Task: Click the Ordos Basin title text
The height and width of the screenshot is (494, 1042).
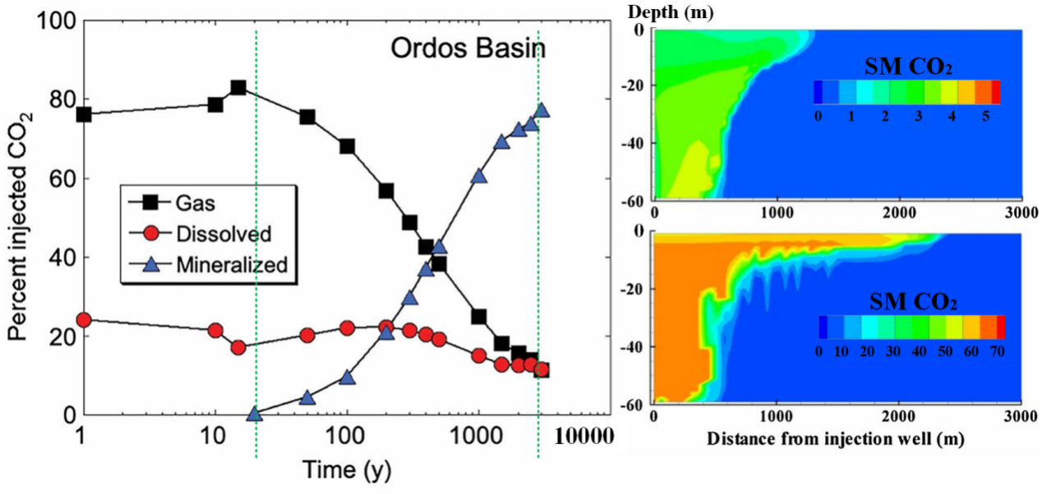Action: click(x=467, y=47)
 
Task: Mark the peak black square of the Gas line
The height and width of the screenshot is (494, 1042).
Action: click(x=238, y=88)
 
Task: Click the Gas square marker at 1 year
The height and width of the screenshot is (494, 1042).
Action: click(x=83, y=114)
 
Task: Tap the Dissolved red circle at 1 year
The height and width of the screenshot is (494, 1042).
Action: click(x=83, y=320)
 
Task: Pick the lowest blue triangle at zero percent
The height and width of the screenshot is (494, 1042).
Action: click(x=255, y=414)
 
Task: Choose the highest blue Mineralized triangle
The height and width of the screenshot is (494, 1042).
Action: click(x=542, y=111)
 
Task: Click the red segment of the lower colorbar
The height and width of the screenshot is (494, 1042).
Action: click(x=1000, y=327)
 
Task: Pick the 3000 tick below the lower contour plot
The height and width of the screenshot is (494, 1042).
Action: click(x=1020, y=418)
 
